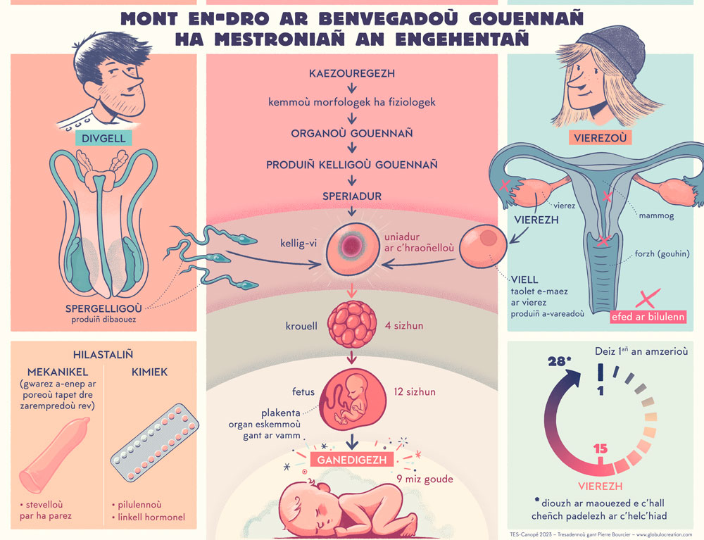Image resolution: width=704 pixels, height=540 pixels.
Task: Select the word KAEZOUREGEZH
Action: tap(352, 73)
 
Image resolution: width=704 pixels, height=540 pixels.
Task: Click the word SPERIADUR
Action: tap(352, 196)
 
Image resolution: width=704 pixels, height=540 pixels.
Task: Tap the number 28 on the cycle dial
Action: tap(558, 362)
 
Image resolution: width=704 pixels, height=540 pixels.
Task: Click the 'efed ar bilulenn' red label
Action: tap(649, 316)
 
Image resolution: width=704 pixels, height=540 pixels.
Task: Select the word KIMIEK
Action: tap(149, 372)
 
